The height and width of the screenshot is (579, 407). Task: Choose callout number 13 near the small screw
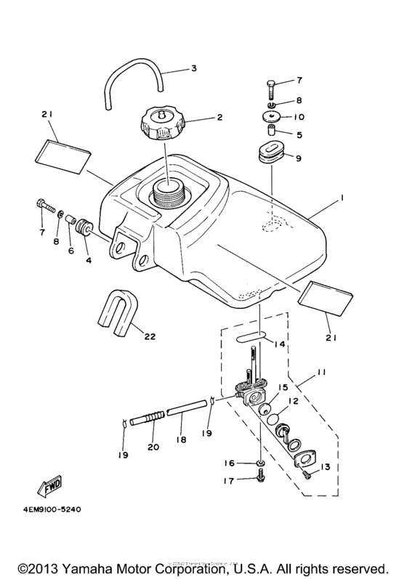click(x=325, y=466)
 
